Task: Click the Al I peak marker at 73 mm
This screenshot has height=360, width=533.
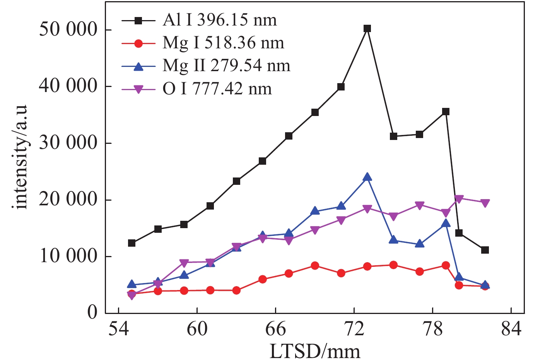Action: pyautogui.click(x=367, y=28)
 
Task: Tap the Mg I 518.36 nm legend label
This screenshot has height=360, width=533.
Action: pyautogui.click(x=223, y=43)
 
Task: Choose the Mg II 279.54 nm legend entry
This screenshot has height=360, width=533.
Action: pyautogui.click(x=226, y=66)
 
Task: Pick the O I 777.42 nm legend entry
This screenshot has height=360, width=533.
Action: pyautogui.click(x=217, y=89)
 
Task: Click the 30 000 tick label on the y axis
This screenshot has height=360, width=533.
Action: pyautogui.click(x=68, y=143)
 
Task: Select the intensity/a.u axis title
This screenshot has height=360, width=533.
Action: pyautogui.click(x=22, y=157)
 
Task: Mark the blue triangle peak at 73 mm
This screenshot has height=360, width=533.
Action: pyautogui.click(x=367, y=177)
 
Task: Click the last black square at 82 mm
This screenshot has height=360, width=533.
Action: pyautogui.click(x=485, y=250)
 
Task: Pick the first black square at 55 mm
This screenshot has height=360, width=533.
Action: pyautogui.click(x=132, y=243)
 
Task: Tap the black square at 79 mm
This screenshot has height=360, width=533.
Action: pyautogui.click(x=446, y=112)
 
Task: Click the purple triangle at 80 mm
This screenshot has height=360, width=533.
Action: pyautogui.click(x=459, y=199)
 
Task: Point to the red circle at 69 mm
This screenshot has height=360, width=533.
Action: pyautogui.click(x=315, y=266)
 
